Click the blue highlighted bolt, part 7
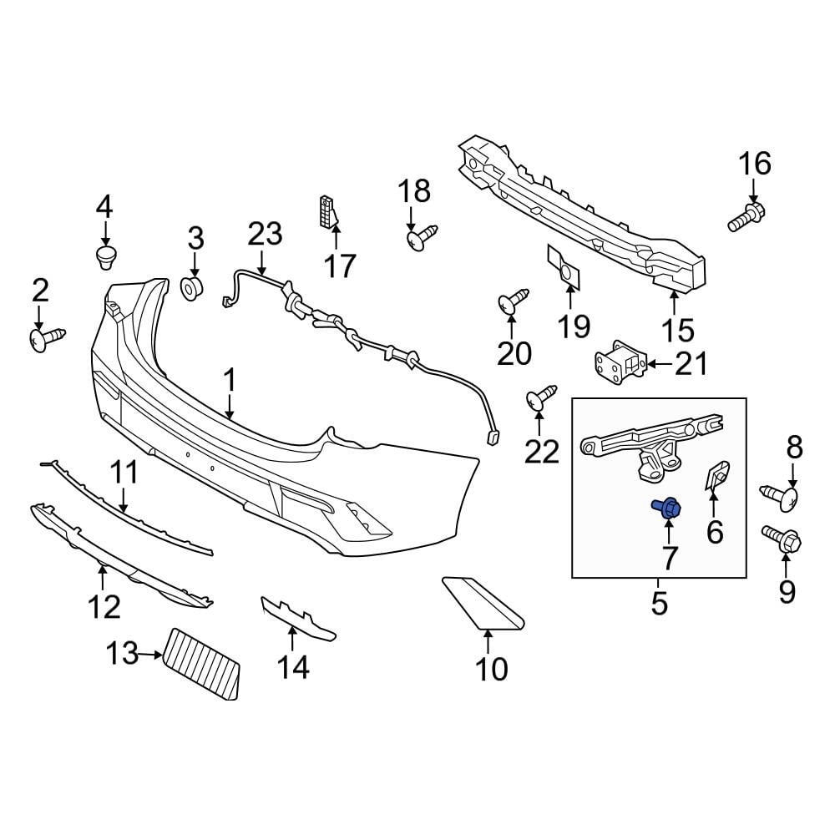pos(667,507)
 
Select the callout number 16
pos(754,164)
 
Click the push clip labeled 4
pos(105,256)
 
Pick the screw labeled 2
pos(46,339)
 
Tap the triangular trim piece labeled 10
pos(481,600)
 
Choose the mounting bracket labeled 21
pos(617,365)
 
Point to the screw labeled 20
pos(513,301)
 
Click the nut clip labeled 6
pos(716,477)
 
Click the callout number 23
pos(264,234)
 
